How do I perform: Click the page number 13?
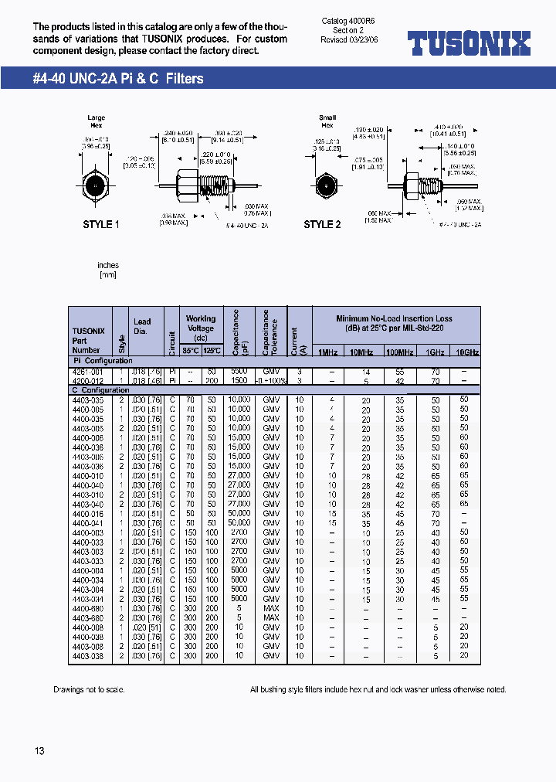tap(39, 751)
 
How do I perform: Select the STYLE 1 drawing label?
tap(101, 225)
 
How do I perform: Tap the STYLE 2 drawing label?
tap(322, 225)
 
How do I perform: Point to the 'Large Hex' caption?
tap(97, 121)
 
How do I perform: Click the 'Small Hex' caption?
tap(327, 121)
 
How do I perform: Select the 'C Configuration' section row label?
tap(100, 390)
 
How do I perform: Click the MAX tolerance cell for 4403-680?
tap(271, 617)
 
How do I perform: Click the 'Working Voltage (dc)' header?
tap(201, 328)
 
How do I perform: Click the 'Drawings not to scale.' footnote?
tap(89, 689)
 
